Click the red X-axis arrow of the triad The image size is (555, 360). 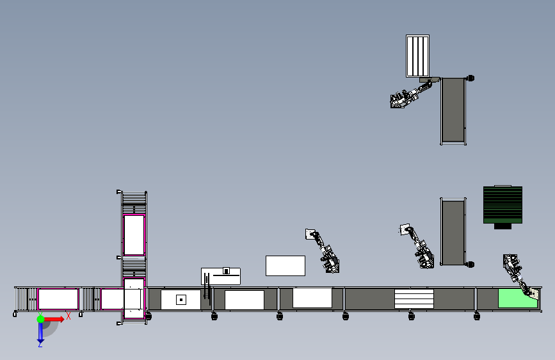pyautogui.click(x=53, y=319)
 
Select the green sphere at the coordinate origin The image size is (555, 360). pyautogui.click(x=40, y=319)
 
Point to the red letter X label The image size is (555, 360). pyautogui.click(x=68, y=316)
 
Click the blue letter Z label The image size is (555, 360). pyautogui.click(x=40, y=344)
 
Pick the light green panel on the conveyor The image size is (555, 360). pyautogui.click(x=517, y=299)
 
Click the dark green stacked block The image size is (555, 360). pyautogui.click(x=503, y=205)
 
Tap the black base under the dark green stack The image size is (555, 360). pyautogui.click(x=503, y=226)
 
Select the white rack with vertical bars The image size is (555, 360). pyautogui.click(x=417, y=56)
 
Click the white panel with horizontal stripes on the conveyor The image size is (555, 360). pyautogui.click(x=414, y=299)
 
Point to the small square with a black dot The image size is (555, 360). pyautogui.click(x=181, y=300)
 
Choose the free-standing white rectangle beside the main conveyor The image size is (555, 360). pyautogui.click(x=286, y=266)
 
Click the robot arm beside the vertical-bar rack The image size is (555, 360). pyautogui.click(x=410, y=94)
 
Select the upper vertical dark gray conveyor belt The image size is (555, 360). pyautogui.click(x=453, y=110)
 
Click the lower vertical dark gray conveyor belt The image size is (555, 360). pyautogui.click(x=453, y=233)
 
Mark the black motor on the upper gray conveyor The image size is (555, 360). pyautogui.click(x=471, y=78)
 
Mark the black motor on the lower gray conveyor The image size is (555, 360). pyautogui.click(x=471, y=265)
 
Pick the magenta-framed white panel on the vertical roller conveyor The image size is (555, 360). pyautogui.click(x=134, y=235)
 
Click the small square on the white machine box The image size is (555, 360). pyautogui.click(x=226, y=271)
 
